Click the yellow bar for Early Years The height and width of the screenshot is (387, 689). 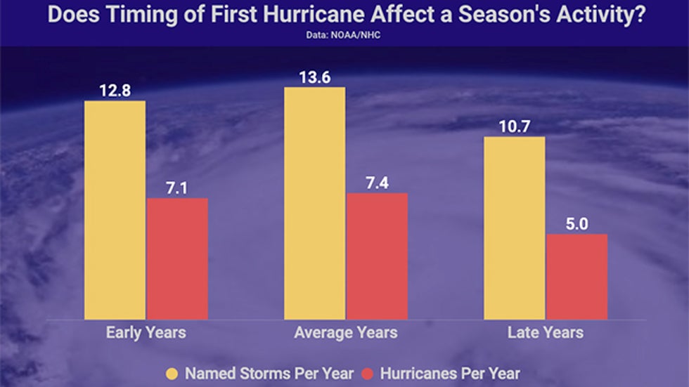point(115,210)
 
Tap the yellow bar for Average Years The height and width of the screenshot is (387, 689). point(314,203)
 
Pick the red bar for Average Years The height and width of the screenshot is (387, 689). point(377,256)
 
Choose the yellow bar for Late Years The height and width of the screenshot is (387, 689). point(515,228)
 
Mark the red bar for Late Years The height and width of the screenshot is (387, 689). point(577,277)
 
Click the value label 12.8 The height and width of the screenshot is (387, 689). point(115,91)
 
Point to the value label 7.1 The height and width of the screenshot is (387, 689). point(177,188)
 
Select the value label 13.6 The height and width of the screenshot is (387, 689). point(314,77)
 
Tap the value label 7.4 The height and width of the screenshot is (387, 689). point(377,183)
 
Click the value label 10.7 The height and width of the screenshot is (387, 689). point(514,127)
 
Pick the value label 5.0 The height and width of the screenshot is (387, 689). point(577,224)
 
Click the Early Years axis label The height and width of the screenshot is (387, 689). point(146,332)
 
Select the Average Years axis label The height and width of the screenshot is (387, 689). point(345,332)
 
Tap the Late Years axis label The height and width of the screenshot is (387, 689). point(545,332)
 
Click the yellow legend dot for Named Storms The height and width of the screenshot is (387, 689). point(172,374)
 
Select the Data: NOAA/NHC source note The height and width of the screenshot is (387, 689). point(344,33)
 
